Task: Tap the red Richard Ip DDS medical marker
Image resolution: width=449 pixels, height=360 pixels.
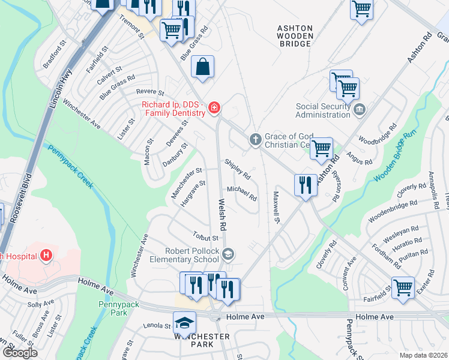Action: click(214, 109)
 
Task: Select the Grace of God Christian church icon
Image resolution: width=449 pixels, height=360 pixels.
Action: click(255, 140)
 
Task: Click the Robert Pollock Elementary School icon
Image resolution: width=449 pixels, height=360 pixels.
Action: click(228, 254)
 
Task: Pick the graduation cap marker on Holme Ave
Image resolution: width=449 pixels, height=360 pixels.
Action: click(185, 322)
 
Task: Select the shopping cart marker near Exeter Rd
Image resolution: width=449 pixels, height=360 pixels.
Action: click(402, 287)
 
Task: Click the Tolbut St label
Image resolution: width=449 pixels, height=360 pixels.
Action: click(205, 238)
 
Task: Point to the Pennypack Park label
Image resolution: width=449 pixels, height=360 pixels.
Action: click(119, 308)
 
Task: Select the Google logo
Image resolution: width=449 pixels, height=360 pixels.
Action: click(19, 352)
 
